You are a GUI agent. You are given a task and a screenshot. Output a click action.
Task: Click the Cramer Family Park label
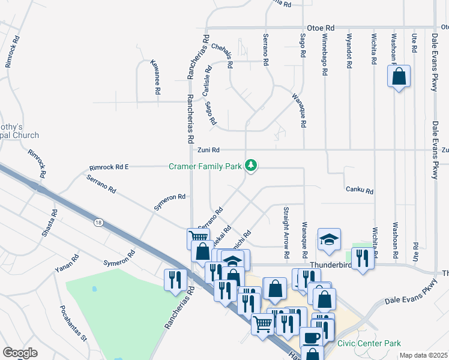(205, 166)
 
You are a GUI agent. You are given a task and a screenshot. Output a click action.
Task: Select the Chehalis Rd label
(221, 55)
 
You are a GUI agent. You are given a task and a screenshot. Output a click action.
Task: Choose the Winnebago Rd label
(325, 54)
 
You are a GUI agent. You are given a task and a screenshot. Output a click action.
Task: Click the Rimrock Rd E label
(109, 167)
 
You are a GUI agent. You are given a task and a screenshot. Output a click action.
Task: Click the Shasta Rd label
(49, 223)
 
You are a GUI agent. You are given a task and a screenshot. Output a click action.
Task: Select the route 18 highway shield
(98, 223)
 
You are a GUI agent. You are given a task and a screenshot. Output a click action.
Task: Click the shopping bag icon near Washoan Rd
(399, 77)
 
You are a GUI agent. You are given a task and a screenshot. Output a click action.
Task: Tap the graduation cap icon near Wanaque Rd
(329, 240)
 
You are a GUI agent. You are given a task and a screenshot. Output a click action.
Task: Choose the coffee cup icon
(312, 337)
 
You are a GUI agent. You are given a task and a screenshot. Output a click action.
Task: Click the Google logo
(20, 353)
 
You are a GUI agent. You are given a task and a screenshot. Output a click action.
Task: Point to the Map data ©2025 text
(423, 355)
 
